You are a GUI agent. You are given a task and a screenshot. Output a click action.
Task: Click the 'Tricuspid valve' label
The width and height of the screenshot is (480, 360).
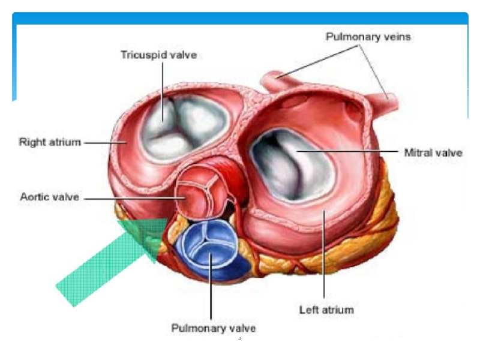pos(158,55)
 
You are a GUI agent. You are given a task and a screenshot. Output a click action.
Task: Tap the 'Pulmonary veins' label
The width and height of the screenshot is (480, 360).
pos(368,37)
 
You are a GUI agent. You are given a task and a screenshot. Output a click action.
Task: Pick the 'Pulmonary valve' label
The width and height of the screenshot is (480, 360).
pos(214,328)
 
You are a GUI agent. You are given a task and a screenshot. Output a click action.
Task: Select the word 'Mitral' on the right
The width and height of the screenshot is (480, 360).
pos(418,153)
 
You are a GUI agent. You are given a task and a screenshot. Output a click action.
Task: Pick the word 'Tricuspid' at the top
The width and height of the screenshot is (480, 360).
pos(142,55)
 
